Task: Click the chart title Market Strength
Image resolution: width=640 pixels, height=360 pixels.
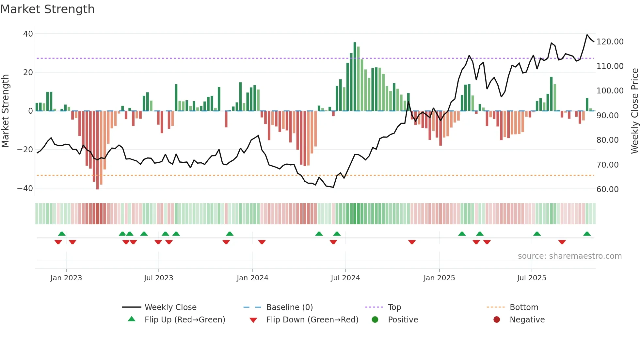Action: [x=48, y=9]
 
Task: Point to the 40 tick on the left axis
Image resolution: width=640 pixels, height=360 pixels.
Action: [x=28, y=34]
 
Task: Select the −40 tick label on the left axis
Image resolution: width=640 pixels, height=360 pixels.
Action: [x=25, y=188]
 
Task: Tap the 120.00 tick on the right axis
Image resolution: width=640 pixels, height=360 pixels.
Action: [x=610, y=42]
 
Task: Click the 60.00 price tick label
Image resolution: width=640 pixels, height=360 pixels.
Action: [x=607, y=189]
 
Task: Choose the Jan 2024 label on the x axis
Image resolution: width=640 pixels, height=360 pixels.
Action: [x=252, y=278]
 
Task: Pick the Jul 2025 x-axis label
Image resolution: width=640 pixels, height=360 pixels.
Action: [x=532, y=278]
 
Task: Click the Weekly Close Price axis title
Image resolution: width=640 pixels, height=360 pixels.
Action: [x=634, y=111]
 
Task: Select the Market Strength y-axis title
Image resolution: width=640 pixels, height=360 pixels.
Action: [x=6, y=111]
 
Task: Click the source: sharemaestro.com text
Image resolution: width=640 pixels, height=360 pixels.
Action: [x=569, y=256]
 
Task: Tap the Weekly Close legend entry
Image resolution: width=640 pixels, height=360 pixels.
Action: [x=170, y=307]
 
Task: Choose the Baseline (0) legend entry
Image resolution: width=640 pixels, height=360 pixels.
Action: [x=289, y=307]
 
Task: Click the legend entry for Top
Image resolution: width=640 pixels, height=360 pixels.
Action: [x=394, y=307]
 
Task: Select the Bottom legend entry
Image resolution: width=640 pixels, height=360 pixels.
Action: [x=524, y=307]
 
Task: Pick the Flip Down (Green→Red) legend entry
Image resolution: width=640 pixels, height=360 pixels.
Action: [x=312, y=320]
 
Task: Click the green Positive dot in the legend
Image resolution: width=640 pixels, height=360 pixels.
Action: [x=375, y=320]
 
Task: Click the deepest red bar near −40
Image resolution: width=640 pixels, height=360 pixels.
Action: [x=98, y=150]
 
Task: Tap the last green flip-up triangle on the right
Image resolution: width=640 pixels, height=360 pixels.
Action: [x=587, y=234]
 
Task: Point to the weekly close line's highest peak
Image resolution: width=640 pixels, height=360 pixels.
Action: [x=587, y=35]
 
